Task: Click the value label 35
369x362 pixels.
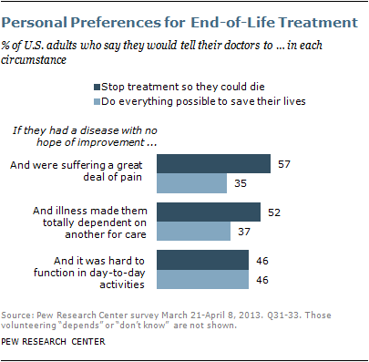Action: click(241, 182)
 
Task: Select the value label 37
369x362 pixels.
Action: click(245, 231)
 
